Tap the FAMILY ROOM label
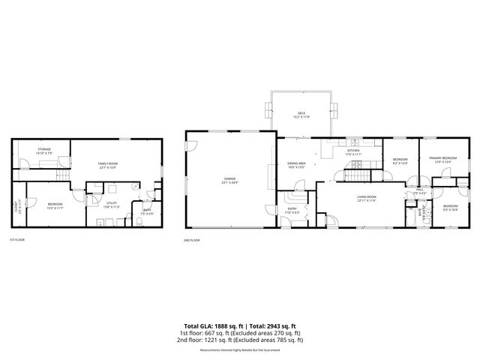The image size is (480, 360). pos(109,166)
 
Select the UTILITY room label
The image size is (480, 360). pos(112,204)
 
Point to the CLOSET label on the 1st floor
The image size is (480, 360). pos(19,205)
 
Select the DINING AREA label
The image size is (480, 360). pos(296,164)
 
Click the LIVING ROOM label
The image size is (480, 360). pos(367,198)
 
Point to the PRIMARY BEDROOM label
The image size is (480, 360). pos(442,159)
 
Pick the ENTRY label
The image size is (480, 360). pos(292,211)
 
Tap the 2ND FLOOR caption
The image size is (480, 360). pos(192,240)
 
